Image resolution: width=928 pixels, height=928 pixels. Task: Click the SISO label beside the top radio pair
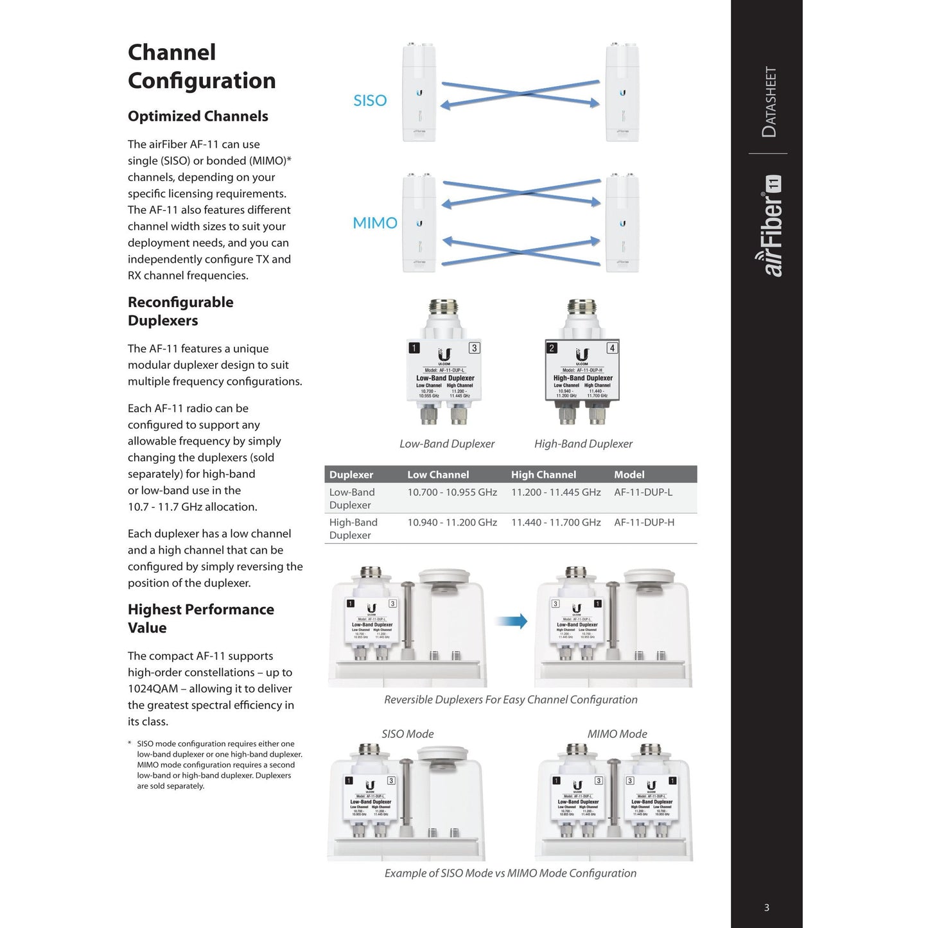click(x=370, y=100)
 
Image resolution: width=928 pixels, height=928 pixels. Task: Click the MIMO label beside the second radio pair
click(x=375, y=223)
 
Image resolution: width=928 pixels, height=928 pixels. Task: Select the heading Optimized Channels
click(x=198, y=116)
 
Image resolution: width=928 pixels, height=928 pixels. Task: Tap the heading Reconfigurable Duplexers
click(x=180, y=311)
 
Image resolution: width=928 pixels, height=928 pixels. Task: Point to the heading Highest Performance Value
click(x=200, y=618)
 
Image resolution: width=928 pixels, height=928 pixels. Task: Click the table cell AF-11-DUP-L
click(x=643, y=492)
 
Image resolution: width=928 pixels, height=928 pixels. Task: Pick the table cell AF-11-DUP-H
click(x=644, y=522)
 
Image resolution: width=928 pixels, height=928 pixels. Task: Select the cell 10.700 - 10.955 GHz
click(x=452, y=492)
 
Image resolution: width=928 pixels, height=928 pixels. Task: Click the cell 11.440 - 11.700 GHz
click(x=556, y=522)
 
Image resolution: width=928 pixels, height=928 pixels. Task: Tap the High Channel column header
click(x=543, y=475)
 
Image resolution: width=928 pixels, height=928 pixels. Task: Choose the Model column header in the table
click(x=629, y=475)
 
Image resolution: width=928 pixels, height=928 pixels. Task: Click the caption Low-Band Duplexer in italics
click(x=447, y=444)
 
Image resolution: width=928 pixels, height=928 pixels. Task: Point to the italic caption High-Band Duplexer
click(x=583, y=444)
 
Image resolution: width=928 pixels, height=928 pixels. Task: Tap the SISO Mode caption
click(x=408, y=733)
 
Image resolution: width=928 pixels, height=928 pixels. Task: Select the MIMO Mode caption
click(x=617, y=733)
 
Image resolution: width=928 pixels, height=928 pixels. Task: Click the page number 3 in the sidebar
click(x=766, y=907)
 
